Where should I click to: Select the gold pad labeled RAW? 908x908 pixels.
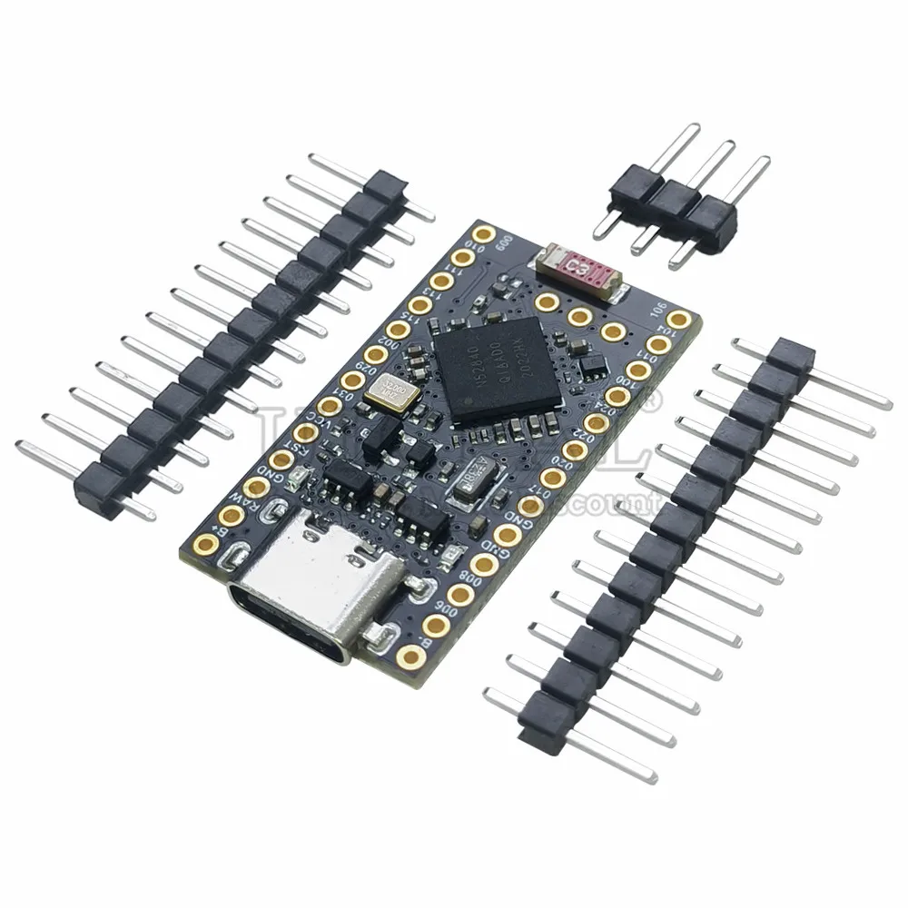coord(231,517)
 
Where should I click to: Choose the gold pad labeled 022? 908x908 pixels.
coord(574,450)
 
